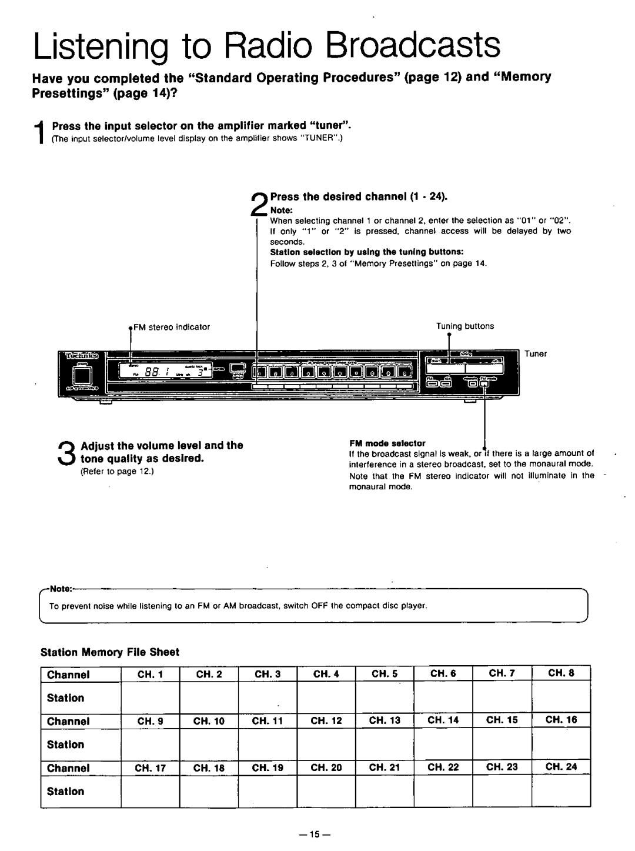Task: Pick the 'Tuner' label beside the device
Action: point(536,354)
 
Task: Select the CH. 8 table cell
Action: point(561,675)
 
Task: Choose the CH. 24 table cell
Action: point(561,767)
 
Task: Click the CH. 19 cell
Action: point(268,767)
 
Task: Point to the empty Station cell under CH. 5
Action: point(385,698)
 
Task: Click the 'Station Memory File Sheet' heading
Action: point(109,652)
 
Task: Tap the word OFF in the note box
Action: point(309,605)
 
